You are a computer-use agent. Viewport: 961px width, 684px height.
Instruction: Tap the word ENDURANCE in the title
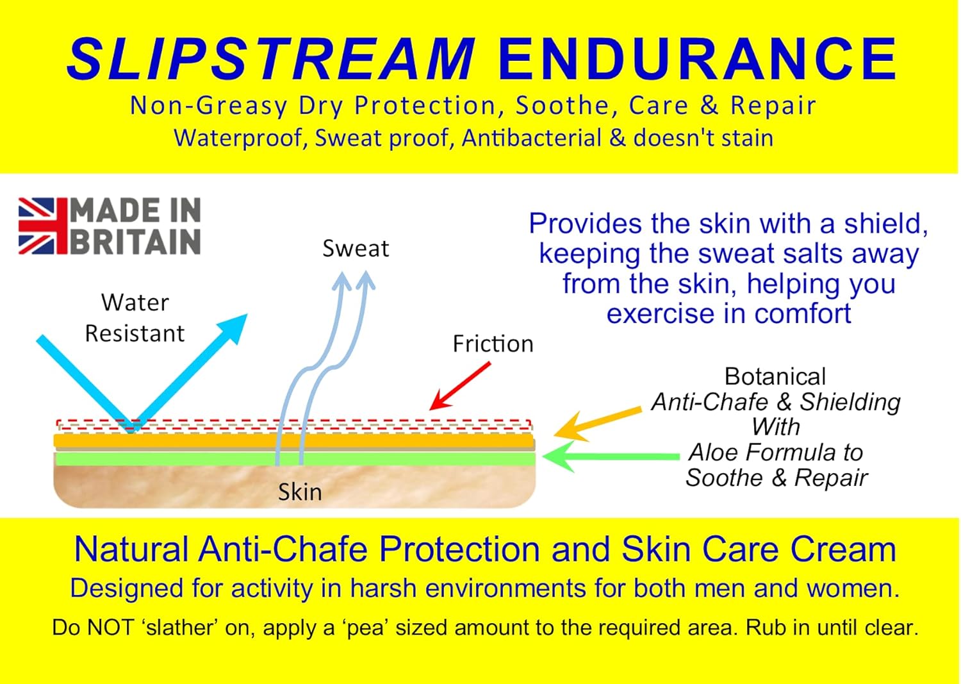tap(697, 59)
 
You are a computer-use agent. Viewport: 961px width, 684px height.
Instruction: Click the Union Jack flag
tap(42, 226)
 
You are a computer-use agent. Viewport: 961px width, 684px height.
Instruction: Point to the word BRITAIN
tap(135, 242)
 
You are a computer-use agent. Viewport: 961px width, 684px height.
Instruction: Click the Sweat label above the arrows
tap(356, 249)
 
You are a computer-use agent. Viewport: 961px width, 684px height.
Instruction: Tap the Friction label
tap(493, 344)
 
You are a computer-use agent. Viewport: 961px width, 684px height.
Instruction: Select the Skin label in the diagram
tap(300, 492)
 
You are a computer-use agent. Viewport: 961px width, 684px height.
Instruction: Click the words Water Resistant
tap(135, 318)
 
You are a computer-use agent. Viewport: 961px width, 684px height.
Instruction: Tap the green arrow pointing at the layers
tap(609, 456)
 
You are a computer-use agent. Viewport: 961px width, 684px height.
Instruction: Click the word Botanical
tap(775, 376)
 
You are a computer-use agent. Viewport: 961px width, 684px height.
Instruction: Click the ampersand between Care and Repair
tap(709, 106)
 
